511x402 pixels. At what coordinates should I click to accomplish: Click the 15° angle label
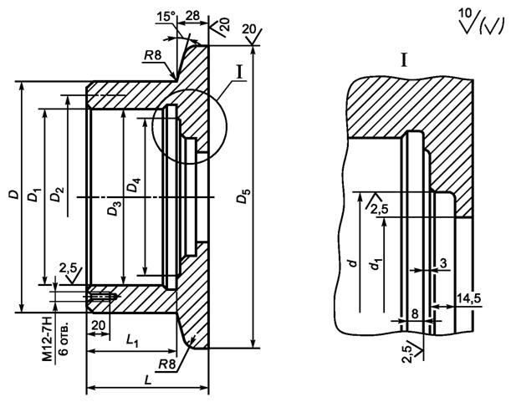[x=166, y=17]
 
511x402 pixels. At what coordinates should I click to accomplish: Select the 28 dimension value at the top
[x=192, y=16]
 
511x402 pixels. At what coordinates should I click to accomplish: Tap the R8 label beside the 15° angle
[x=153, y=56]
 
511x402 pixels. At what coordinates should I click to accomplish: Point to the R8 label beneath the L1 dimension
[x=168, y=364]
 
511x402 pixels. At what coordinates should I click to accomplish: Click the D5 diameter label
[x=243, y=196]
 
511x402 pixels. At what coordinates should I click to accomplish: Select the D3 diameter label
[x=115, y=208]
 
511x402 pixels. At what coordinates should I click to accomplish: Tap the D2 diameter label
[x=57, y=195]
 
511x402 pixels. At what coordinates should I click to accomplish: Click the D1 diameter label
[x=34, y=194]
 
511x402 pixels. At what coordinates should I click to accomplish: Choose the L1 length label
[x=133, y=341]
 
